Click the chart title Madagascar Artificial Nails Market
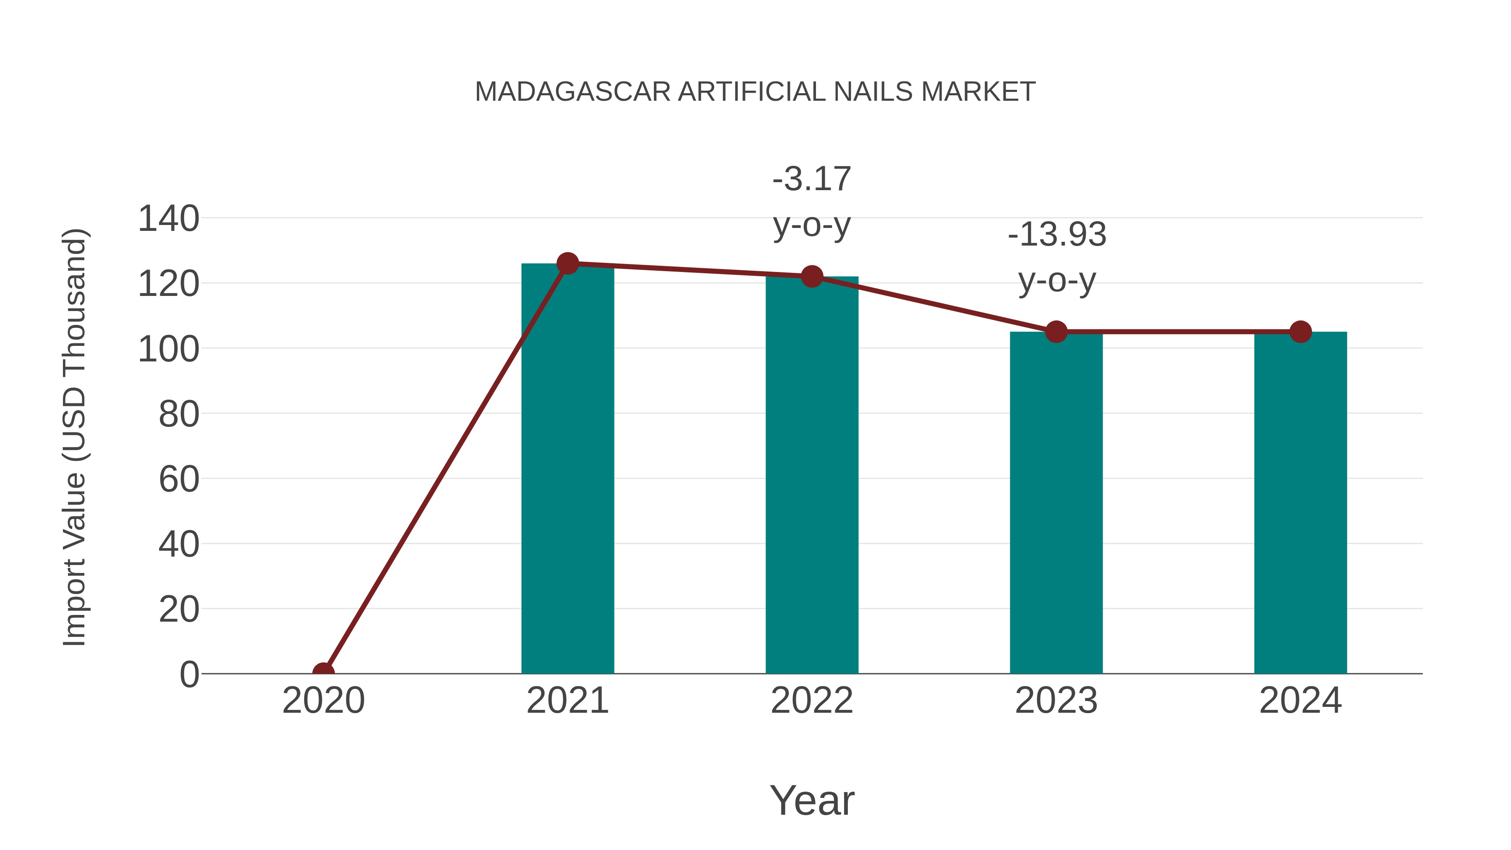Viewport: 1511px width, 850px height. coord(755,92)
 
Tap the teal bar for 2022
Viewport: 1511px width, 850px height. coord(812,475)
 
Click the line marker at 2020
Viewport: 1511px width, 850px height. coord(323,673)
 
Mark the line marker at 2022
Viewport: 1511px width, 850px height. coord(812,276)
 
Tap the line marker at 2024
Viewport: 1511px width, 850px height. coord(1300,332)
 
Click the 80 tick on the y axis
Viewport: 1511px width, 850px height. coord(179,414)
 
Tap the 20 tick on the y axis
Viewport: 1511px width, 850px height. coord(179,609)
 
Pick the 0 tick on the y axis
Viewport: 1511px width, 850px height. coord(189,674)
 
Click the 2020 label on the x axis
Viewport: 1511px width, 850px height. coord(323,701)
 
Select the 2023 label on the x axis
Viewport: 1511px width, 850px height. coord(1056,701)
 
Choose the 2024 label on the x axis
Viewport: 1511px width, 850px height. coord(1300,701)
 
